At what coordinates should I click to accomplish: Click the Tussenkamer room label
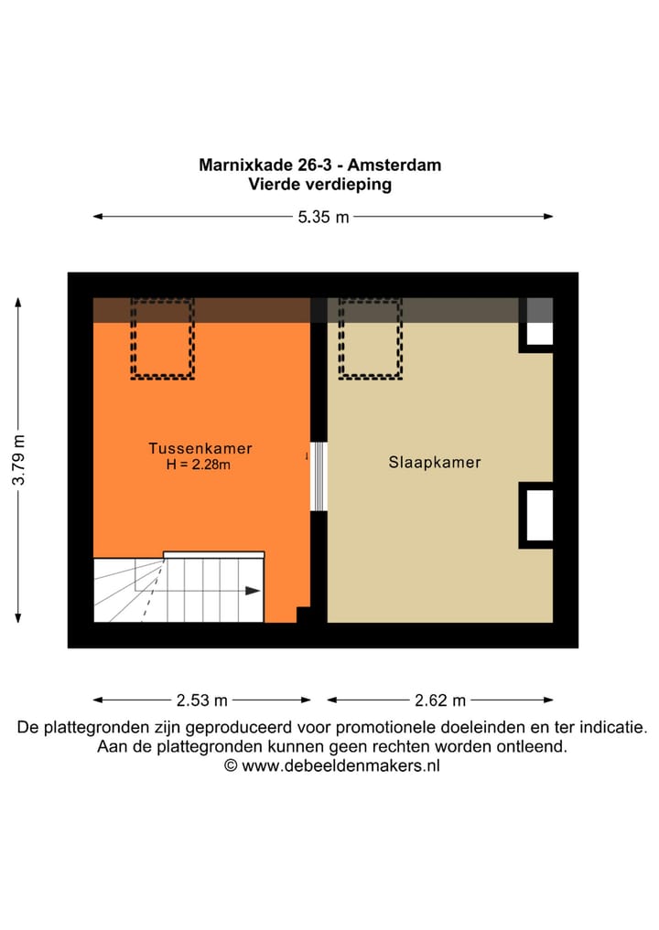(200, 449)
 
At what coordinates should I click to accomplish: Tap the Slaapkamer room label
(435, 463)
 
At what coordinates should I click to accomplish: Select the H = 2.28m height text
(200, 465)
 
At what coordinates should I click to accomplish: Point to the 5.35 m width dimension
(317, 217)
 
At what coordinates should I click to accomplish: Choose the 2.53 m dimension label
(201, 700)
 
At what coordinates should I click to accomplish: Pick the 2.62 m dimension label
(440, 700)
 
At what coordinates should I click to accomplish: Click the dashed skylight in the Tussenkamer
(162, 338)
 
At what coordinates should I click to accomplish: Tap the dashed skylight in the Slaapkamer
(371, 338)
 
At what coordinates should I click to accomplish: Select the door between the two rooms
(319, 476)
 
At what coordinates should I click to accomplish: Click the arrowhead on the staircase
(253, 591)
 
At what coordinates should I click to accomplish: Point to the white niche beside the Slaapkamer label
(539, 515)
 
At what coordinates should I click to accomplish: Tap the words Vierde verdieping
(319, 184)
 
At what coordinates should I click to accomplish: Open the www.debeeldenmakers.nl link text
(340, 766)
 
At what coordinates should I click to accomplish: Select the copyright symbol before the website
(231, 766)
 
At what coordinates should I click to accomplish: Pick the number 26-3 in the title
(322, 166)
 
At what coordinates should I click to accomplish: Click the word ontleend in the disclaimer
(533, 747)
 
